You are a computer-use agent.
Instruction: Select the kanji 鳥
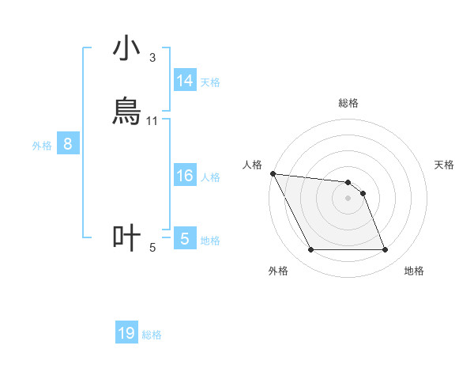pyautogui.click(x=126, y=111)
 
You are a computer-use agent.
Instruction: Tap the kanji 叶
pyautogui.click(x=126, y=237)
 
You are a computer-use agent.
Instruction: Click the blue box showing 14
pyautogui.click(x=185, y=81)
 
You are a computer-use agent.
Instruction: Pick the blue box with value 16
pyautogui.click(x=185, y=176)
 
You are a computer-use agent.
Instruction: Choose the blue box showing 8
pyautogui.click(x=68, y=144)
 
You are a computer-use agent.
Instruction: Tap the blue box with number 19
pyautogui.click(x=126, y=333)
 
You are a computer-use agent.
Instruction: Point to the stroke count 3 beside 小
pyautogui.click(x=152, y=58)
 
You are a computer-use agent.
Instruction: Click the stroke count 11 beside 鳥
pyautogui.click(x=152, y=120)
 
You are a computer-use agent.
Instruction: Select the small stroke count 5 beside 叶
pyautogui.click(x=152, y=248)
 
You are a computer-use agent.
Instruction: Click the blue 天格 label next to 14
pyautogui.click(x=210, y=82)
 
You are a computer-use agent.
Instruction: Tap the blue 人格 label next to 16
pyautogui.click(x=210, y=177)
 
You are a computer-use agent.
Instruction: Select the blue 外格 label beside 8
pyautogui.click(x=42, y=146)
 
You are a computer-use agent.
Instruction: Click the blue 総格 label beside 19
pyautogui.click(x=152, y=335)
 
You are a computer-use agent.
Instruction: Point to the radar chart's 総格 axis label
pyautogui.click(x=348, y=103)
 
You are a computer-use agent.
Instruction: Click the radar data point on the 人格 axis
pyautogui.click(x=273, y=173)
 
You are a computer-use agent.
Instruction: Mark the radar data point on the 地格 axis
pyautogui.click(x=385, y=250)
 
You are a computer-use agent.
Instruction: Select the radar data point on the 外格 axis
pyautogui.click(x=310, y=250)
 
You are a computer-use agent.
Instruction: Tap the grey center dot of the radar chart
pyautogui.click(x=348, y=198)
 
